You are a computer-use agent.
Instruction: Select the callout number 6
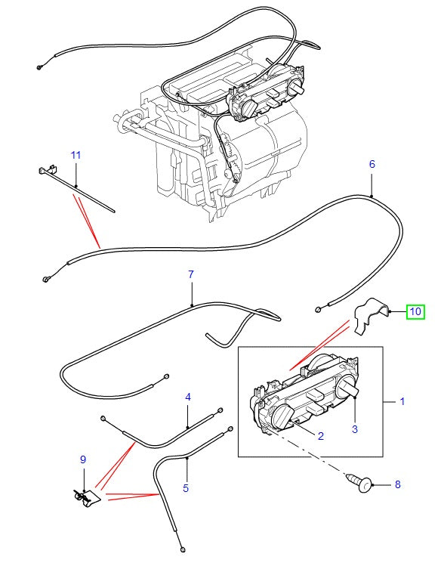(371, 164)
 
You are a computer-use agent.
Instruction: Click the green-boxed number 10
(415, 311)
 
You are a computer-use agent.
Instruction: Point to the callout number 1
(402, 401)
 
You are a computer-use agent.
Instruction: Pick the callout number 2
(320, 436)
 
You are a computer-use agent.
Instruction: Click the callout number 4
(187, 397)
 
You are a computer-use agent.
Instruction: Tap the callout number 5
(186, 488)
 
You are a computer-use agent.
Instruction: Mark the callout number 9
(83, 459)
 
